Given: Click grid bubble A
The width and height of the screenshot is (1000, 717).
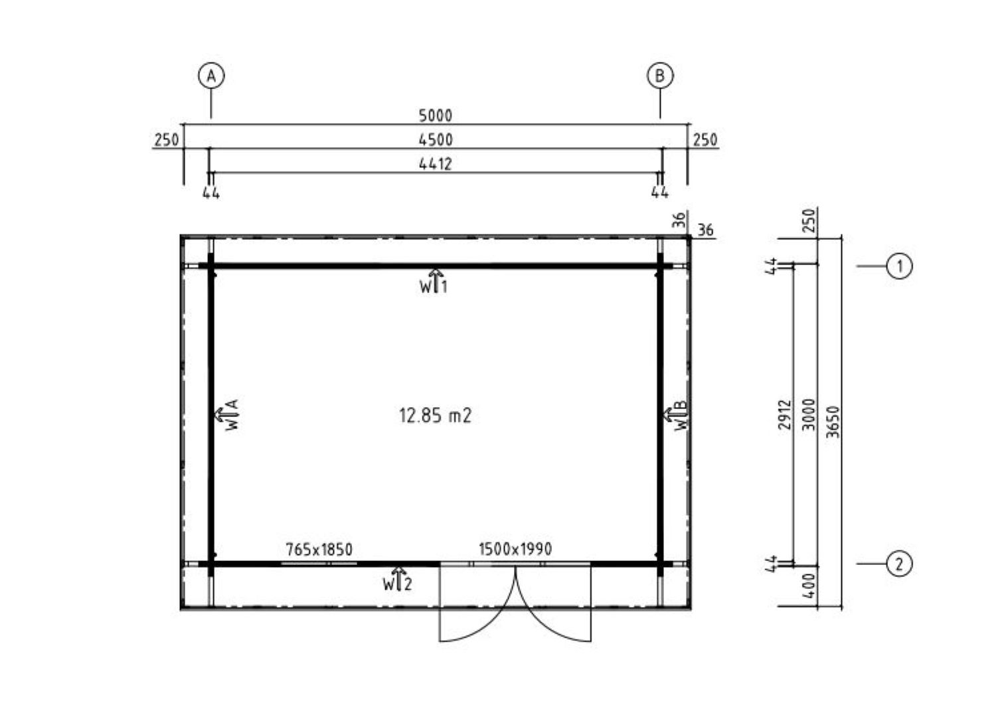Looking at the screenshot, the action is point(211,76).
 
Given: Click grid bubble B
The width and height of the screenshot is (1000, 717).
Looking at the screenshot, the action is point(660,76).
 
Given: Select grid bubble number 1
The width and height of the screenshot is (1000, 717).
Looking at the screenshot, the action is point(899,266).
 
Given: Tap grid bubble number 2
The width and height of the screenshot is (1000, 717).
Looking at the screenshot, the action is point(899,564).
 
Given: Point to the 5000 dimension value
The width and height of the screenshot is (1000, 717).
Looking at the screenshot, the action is point(436,116).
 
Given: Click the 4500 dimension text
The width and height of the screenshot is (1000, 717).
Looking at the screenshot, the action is point(436,140).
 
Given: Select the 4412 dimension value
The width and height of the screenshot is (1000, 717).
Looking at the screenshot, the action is point(436,164).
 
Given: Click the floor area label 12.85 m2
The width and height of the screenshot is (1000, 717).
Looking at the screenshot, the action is point(436,416).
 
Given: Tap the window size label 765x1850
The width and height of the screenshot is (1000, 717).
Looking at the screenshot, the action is point(319,549).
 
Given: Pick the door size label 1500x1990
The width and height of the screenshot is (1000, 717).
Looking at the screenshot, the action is point(515,548).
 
